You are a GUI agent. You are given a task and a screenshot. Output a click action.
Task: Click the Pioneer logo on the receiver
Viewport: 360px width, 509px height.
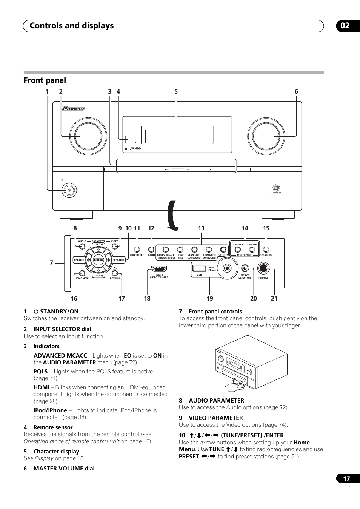click(x=74, y=109)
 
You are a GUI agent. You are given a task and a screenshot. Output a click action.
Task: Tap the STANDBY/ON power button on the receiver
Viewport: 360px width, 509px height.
click(x=69, y=190)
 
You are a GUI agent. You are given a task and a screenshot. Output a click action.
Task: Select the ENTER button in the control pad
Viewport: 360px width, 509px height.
click(x=98, y=259)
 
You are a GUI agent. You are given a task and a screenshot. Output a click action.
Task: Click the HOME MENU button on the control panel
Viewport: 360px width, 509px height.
click(x=82, y=273)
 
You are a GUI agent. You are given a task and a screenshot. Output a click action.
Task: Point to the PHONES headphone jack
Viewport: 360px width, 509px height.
click(x=263, y=268)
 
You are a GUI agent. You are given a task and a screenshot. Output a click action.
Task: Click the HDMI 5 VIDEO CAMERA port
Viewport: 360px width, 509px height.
click(x=159, y=269)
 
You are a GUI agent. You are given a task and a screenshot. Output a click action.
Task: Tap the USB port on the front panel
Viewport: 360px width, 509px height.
click(x=199, y=268)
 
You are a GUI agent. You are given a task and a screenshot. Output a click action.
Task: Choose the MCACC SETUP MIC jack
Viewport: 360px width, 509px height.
click(x=245, y=268)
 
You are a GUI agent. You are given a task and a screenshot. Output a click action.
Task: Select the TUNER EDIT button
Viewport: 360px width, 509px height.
click(x=137, y=249)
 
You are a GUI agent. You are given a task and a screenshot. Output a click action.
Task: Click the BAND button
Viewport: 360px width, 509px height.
click(x=151, y=249)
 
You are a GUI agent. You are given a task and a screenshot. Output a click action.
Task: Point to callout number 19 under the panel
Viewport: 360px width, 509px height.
click(x=210, y=298)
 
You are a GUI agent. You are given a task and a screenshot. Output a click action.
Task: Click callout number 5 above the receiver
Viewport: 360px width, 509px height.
click(x=176, y=91)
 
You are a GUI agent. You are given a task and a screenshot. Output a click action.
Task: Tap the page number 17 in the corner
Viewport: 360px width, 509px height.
click(x=346, y=478)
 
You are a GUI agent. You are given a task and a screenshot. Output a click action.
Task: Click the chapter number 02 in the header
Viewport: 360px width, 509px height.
click(x=345, y=26)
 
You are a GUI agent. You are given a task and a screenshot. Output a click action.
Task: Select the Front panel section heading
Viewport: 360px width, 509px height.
click(x=45, y=80)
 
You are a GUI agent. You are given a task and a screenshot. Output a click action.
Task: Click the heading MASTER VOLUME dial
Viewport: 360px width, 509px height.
click(x=64, y=469)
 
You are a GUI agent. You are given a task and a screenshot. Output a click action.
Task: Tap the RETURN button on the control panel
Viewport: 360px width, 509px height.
click(x=115, y=273)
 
